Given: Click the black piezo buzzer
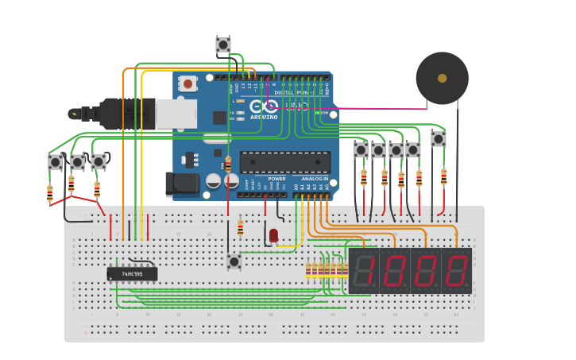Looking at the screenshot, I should click(442, 78).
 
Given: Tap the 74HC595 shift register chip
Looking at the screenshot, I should click(132, 273).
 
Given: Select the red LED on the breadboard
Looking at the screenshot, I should click(273, 235).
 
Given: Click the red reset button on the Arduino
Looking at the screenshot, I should click(187, 83).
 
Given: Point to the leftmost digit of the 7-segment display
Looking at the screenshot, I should click(363, 271).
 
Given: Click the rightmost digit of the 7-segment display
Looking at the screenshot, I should click(456, 271).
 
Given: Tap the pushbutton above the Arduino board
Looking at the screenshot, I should click(223, 45).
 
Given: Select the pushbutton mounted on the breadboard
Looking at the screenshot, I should click(234, 261).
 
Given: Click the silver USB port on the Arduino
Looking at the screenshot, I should click(176, 114).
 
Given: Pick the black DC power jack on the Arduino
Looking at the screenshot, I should click(180, 184).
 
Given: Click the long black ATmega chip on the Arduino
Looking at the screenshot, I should click(284, 162).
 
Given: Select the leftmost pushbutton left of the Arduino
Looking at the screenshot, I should click(56, 162).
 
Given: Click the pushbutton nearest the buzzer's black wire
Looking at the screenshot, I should click(438, 138).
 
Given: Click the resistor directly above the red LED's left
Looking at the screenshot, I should click(241, 228).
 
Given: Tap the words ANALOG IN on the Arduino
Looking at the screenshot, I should click(315, 179).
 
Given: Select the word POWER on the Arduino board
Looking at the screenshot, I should click(276, 179).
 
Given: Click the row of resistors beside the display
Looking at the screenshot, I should click(327, 271).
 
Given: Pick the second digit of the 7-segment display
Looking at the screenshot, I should click(394, 271).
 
